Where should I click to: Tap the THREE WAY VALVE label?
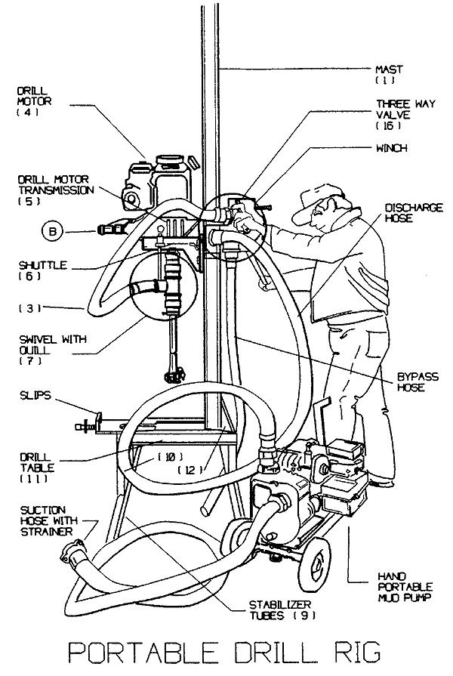pos(405,115)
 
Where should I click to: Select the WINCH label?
pos(391,148)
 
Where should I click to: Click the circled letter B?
pos(53,232)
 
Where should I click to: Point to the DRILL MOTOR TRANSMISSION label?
pos(56,190)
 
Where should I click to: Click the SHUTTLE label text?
pos(43,270)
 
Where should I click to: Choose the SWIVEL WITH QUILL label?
pos(53,350)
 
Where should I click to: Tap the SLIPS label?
pos(35,395)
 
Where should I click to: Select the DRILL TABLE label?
pos(37,468)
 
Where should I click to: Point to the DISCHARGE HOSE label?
pos(413,212)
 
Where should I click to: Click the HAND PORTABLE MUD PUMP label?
pos(405,587)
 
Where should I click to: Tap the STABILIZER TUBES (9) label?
pos(283,610)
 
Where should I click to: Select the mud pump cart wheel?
pos(316,565)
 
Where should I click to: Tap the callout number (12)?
pos(190,470)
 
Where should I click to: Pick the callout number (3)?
pos(29,308)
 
